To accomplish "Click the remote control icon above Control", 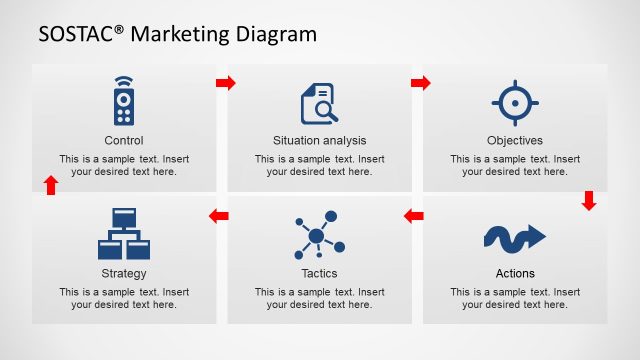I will point(124,101).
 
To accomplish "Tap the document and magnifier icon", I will point(319,103).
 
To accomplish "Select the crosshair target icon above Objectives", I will point(515,103).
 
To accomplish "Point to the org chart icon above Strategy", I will point(124,234).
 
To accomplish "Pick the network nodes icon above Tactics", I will point(319,236).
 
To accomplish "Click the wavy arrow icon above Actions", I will point(515,237).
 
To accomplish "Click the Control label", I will point(124,141).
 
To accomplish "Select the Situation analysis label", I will point(320,141).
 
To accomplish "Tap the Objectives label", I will point(515,141).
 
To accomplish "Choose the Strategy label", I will point(124,273).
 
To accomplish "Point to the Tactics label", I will point(320,273).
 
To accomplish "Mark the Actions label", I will point(515,273).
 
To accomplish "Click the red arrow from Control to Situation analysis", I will point(226,82).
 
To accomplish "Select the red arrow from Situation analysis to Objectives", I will point(421,82).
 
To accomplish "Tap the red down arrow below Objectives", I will point(589,201).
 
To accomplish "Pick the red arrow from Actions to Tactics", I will point(414,215).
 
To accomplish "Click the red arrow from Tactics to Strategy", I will point(218,215).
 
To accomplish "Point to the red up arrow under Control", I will point(51,185).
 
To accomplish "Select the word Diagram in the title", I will point(277,34).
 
